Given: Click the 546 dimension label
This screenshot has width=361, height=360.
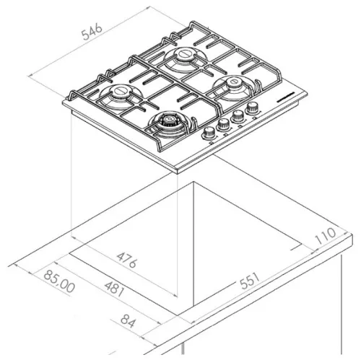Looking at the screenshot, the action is [92, 32].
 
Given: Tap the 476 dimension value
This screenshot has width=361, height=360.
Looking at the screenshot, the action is [127, 260].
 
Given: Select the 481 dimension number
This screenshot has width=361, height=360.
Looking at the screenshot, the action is [115, 289].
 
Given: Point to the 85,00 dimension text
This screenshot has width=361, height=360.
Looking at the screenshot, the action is [59, 281].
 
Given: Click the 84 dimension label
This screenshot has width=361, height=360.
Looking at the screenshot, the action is [128, 321].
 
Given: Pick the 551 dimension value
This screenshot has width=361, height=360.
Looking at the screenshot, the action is [251, 281].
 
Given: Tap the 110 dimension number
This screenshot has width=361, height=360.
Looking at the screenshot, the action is [326, 236].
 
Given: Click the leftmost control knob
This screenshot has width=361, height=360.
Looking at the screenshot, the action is [209, 133].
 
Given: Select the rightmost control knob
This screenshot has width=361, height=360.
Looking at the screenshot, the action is [252, 107].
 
